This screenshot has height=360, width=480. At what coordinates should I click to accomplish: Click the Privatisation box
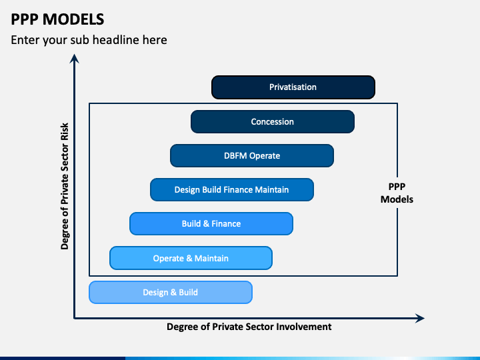(x=293, y=87)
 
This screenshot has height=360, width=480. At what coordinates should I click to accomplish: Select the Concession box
(x=272, y=122)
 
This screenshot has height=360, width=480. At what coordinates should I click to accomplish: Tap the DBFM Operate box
(x=252, y=156)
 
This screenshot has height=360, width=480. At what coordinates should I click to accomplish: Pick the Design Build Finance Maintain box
(x=231, y=190)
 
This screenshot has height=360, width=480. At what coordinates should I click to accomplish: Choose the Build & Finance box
(x=211, y=224)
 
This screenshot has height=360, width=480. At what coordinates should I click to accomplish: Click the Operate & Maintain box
(x=191, y=258)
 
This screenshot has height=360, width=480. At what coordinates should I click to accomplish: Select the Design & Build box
(x=170, y=292)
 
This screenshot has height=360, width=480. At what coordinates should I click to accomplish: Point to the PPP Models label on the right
(x=397, y=193)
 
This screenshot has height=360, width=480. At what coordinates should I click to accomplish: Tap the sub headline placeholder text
(x=89, y=40)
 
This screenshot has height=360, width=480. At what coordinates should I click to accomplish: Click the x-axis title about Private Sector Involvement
(x=249, y=327)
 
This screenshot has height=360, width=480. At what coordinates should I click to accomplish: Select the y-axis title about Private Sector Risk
(x=65, y=185)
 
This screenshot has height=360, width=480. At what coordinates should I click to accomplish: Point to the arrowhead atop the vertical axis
(x=75, y=59)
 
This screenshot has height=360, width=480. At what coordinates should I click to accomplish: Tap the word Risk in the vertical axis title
(x=65, y=131)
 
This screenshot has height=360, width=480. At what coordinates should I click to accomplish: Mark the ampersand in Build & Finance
(x=207, y=224)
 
